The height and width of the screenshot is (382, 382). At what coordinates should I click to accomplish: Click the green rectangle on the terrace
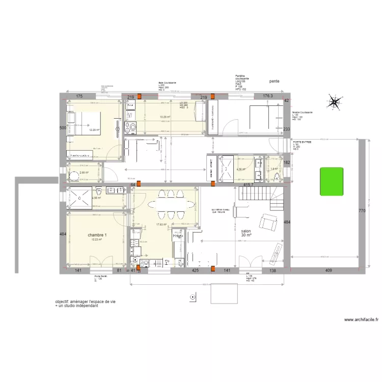(x=331, y=182)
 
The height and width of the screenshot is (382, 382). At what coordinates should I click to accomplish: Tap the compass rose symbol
(x=335, y=103)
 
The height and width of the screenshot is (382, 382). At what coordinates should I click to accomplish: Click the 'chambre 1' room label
(x=97, y=235)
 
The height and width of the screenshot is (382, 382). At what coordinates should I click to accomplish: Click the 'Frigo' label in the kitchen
(x=178, y=236)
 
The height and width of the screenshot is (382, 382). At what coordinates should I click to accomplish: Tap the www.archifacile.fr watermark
(x=362, y=320)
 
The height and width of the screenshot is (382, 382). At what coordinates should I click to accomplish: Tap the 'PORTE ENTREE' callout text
(x=302, y=142)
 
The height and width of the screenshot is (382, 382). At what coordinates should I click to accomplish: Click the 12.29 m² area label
(x=95, y=130)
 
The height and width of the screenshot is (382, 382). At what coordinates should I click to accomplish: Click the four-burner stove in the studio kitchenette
(x=130, y=126)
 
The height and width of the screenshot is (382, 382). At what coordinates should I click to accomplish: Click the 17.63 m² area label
(x=161, y=224)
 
